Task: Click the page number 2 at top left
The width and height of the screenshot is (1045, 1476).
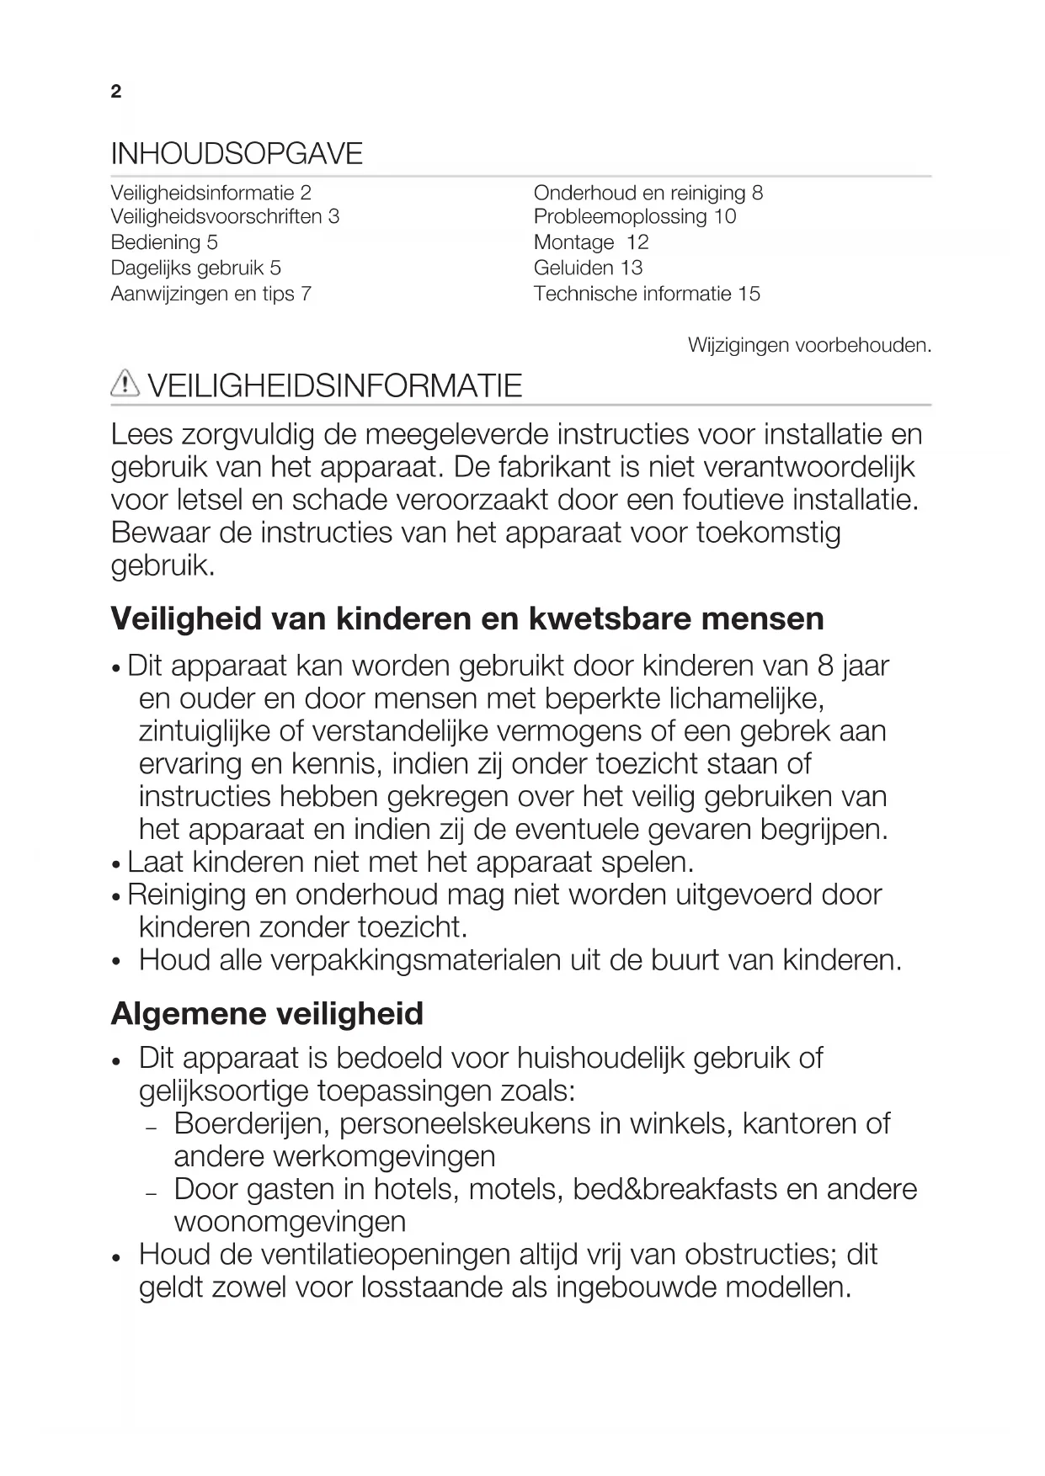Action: pyautogui.click(x=116, y=92)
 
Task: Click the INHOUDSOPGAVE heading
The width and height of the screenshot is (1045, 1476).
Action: pyautogui.click(x=237, y=154)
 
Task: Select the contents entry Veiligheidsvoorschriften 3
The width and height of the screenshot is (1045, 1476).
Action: pyautogui.click(x=225, y=216)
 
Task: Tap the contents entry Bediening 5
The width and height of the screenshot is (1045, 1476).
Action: pyautogui.click(x=164, y=242)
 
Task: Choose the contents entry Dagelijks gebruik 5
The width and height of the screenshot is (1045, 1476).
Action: pyautogui.click(x=196, y=268)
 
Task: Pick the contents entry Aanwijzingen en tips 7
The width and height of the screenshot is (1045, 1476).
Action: pyautogui.click(x=211, y=294)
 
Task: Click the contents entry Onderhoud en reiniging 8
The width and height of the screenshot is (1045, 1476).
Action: pyautogui.click(x=648, y=193)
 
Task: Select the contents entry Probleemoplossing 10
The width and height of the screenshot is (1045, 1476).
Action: pyautogui.click(x=635, y=216)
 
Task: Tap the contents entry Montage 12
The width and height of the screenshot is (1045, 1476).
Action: pyautogui.click(x=591, y=242)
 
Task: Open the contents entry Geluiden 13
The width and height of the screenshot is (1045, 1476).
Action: pyautogui.click(x=588, y=268)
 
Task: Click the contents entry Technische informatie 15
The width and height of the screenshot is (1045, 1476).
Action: pyautogui.click(x=647, y=294)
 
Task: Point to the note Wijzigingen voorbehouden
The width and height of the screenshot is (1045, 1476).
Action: pyautogui.click(x=809, y=345)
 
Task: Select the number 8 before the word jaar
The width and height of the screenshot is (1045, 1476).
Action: pyautogui.click(x=825, y=666)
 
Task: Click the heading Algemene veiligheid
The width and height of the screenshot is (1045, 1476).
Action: pyautogui.click(x=267, y=1013)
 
